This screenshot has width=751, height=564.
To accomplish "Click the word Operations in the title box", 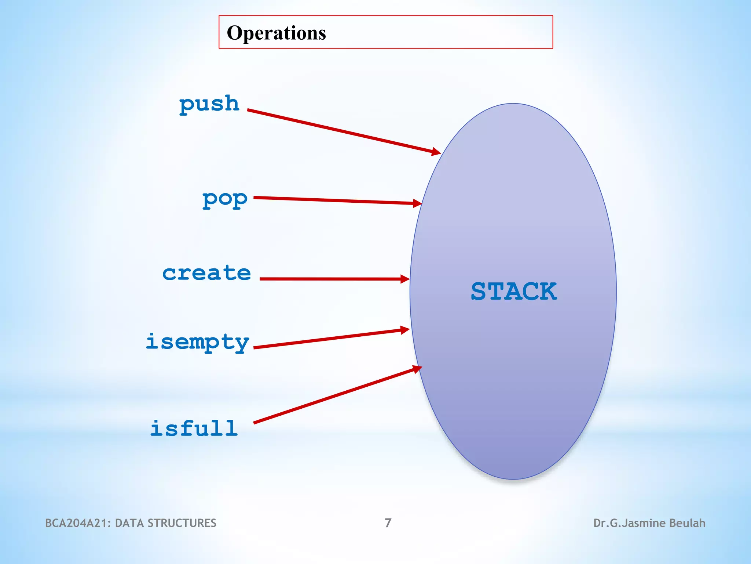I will [276, 33].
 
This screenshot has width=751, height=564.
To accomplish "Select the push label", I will [209, 104].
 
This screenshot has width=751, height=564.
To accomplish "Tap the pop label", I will [225, 199].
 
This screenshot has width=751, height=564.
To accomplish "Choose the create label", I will [206, 273].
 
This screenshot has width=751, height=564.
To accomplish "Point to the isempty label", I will [197, 342].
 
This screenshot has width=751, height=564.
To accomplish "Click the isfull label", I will [194, 428].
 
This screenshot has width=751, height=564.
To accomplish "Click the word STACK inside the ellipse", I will [514, 292].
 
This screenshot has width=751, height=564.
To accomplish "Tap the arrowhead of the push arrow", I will [436, 152].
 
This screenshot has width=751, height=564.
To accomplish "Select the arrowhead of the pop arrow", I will [417, 203].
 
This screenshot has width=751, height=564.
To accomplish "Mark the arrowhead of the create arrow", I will [405, 279].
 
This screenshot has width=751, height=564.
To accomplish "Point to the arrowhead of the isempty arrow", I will [405, 330].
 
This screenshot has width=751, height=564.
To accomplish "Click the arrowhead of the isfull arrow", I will [417, 369].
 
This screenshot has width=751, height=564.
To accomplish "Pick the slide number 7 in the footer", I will [388, 523].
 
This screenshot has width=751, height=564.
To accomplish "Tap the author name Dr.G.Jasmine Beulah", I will [649, 523].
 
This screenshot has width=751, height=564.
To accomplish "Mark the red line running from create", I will [330, 279].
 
